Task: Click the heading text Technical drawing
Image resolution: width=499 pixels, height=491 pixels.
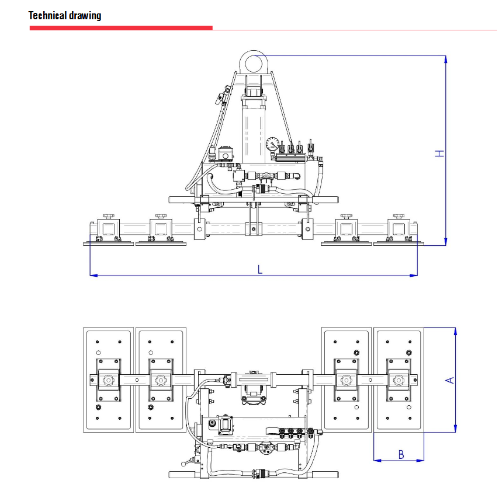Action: click(65, 16)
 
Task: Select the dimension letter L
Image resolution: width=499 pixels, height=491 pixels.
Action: click(260, 269)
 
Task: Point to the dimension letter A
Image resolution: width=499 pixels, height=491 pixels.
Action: click(449, 380)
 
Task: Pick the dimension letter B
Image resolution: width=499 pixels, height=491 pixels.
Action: click(401, 454)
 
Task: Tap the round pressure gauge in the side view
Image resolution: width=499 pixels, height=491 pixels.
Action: click(272, 144)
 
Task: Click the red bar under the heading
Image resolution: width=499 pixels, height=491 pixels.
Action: click(121, 27)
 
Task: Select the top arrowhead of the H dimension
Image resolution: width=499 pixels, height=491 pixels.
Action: click(445, 59)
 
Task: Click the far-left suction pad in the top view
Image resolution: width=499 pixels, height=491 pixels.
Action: click(108, 380)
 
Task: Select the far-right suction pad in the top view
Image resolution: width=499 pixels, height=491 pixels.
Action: click(398, 380)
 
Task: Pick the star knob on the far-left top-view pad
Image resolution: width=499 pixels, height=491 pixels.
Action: click(108, 381)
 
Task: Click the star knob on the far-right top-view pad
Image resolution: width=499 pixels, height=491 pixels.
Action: click(398, 381)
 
